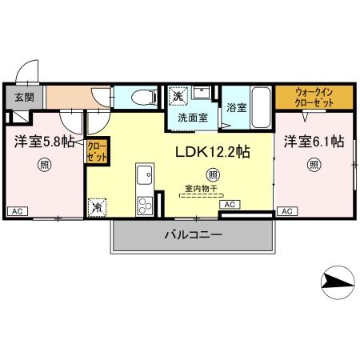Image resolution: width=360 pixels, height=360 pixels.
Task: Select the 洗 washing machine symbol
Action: click(x=179, y=96)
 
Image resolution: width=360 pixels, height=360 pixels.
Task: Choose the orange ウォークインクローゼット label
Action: click(x=313, y=98)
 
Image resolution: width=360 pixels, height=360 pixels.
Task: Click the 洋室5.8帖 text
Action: click(x=44, y=141)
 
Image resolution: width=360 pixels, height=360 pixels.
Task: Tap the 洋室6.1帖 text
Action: click(x=314, y=141)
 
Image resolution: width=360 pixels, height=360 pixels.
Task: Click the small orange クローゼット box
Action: click(x=96, y=150)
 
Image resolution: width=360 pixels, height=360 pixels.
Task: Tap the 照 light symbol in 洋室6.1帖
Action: click(x=314, y=166)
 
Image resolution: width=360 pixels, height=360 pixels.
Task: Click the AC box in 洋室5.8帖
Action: click(x=17, y=211)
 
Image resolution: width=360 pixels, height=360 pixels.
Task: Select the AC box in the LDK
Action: click(x=229, y=206)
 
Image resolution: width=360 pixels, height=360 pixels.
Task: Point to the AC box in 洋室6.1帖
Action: click(x=286, y=211)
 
